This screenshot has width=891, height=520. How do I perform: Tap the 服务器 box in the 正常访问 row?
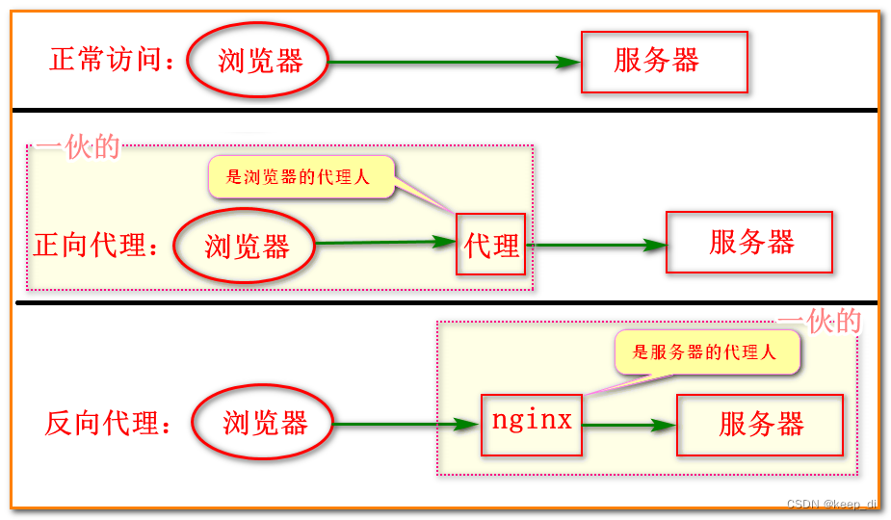point(664,62)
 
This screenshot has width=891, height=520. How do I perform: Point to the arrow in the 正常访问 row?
point(454,63)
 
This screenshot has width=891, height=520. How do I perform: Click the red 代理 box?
point(491,245)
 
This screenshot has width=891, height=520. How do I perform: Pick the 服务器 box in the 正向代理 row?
point(749,242)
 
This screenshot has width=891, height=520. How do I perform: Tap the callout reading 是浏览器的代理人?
point(301,177)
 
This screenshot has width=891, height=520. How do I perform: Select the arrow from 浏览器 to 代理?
point(385,243)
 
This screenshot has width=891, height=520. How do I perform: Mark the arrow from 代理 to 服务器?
point(597,245)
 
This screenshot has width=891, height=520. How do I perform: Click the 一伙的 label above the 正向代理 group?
point(78,146)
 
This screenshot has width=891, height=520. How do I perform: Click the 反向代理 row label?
point(108,423)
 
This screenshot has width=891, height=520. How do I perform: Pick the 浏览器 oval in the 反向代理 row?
point(264,423)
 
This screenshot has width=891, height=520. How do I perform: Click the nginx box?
point(532,423)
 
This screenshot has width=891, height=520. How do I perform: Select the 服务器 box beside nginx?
point(760,424)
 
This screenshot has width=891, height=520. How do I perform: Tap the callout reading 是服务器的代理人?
point(705,352)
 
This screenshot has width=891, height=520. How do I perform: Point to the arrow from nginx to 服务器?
point(629,424)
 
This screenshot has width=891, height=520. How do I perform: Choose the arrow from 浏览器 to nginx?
point(406,424)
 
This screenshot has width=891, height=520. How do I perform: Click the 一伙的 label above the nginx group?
point(820,322)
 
